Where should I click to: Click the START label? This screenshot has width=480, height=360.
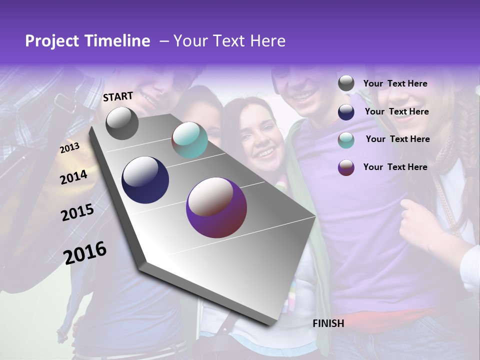(118, 96)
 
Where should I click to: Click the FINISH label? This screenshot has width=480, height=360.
(328, 323)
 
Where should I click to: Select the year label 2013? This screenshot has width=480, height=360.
(70, 147)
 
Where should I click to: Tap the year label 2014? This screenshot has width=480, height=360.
(74, 177)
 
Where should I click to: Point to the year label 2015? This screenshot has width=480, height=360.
(77, 212)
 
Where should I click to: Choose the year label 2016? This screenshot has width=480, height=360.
(85, 252)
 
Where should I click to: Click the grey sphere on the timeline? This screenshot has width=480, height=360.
(122, 123)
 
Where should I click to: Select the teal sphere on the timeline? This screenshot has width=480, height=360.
(189, 140)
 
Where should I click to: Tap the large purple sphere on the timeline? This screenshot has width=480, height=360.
(216, 207)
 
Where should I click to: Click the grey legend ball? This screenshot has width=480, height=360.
(346, 83)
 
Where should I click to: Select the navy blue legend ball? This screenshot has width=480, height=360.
(346, 112)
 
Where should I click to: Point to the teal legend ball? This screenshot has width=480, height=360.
(346, 140)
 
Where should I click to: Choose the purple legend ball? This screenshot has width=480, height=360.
(346, 167)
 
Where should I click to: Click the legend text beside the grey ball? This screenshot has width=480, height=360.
(395, 84)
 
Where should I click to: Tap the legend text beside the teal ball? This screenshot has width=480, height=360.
(397, 139)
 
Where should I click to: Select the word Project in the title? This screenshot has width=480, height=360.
(51, 41)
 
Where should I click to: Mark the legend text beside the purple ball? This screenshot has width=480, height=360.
(395, 167)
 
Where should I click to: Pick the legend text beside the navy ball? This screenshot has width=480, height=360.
(396, 111)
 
